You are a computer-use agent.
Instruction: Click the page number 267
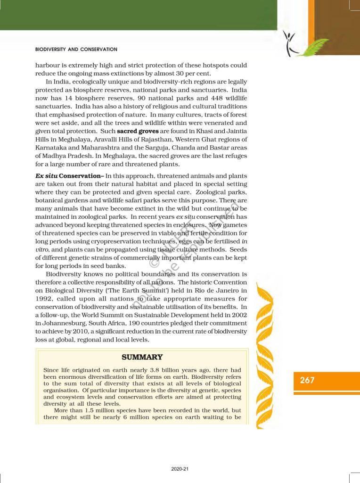[x=307, y=380]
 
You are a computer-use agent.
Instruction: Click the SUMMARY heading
[x=142, y=358]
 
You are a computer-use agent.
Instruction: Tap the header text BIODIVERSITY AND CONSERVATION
[x=76, y=50]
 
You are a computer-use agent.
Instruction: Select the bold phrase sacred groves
[x=138, y=131]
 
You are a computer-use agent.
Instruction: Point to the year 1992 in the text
[x=47, y=299]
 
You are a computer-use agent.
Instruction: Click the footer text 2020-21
[x=180, y=469]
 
